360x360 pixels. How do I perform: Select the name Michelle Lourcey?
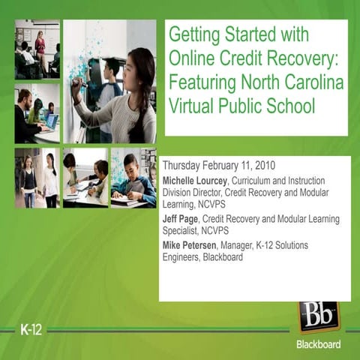coord(195,181)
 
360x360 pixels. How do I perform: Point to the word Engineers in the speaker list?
coord(184,257)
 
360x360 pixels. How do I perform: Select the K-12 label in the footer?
coord(32,330)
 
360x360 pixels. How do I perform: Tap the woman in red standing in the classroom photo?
coord(40,45)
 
